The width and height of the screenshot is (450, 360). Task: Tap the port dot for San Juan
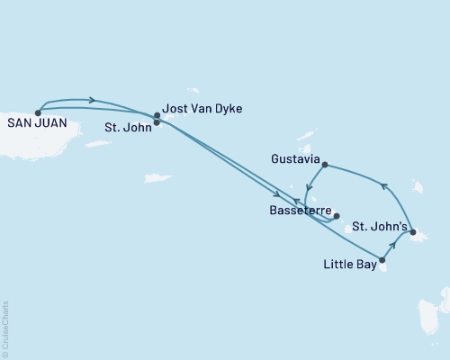(38, 112)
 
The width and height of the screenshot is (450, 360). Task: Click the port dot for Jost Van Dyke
(157, 115)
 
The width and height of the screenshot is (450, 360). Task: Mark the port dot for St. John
(157, 121)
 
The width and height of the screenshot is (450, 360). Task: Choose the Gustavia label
(294, 157)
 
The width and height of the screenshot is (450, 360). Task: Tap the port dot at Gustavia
(324, 165)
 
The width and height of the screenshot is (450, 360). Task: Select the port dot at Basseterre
(336, 216)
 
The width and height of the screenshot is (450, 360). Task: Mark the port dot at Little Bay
(382, 260)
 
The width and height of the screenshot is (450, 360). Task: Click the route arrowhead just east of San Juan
(94, 100)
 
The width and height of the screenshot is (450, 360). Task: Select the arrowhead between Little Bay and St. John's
(393, 244)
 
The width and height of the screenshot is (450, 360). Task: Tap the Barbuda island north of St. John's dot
(418, 186)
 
